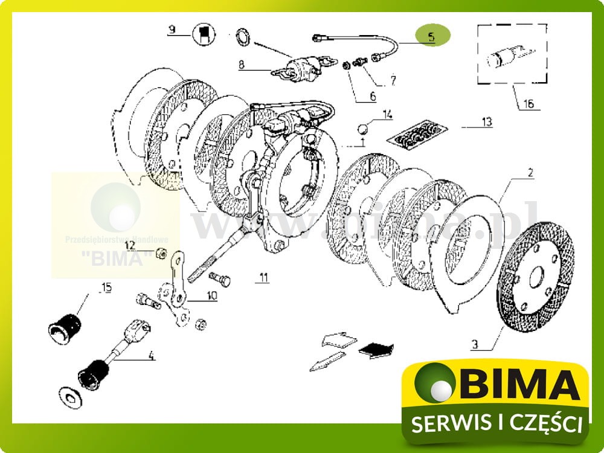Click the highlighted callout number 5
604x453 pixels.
431,36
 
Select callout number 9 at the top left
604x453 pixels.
172,29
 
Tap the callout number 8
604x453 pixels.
242,63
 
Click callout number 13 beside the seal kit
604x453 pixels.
487,123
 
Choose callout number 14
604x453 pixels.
387,114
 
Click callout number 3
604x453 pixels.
475,345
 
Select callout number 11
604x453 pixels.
263,278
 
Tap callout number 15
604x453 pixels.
106,288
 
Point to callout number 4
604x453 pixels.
151,356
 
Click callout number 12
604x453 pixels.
130,245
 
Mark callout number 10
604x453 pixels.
211,295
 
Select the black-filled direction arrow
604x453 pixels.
376,349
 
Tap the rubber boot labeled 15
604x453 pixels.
64,325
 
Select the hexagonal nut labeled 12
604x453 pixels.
161,252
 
